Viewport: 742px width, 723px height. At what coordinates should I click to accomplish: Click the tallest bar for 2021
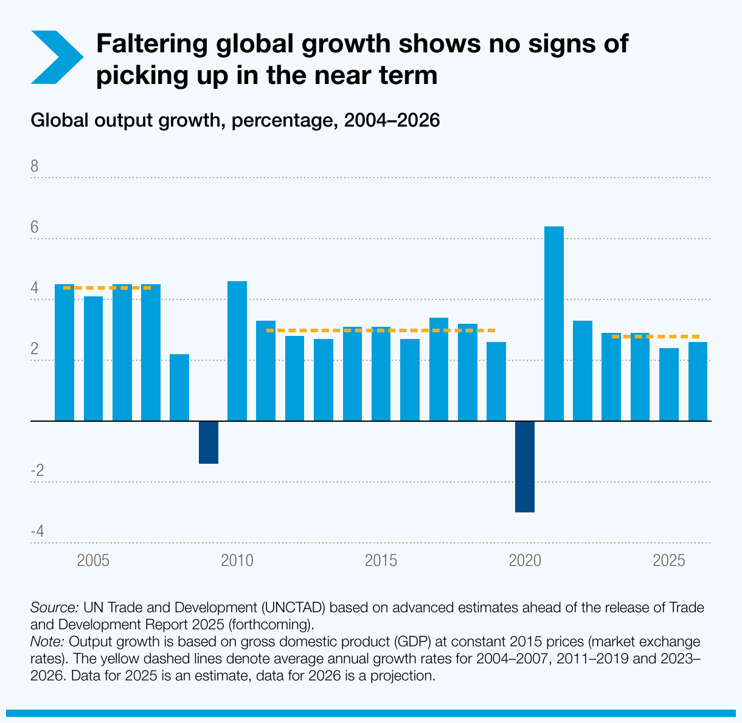553,323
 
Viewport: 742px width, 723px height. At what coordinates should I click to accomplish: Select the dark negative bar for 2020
525,466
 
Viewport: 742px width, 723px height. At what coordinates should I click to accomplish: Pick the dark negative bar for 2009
209,442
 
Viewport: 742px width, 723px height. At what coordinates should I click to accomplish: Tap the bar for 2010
237,351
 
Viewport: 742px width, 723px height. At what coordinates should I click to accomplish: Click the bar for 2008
179,387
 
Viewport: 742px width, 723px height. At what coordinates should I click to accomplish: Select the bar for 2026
698,381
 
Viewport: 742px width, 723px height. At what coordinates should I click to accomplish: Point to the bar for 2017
439,369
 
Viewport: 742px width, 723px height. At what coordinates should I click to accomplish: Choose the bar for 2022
583,370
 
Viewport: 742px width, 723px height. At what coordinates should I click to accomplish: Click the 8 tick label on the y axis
35,167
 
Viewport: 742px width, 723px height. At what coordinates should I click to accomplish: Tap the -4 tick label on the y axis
37,532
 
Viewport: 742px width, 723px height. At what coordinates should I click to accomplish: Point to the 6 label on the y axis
35,228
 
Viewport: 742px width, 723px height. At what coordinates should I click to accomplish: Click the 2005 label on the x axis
93,561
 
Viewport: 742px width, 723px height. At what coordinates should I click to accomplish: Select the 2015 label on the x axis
381,561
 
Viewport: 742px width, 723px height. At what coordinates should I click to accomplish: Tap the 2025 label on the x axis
669,561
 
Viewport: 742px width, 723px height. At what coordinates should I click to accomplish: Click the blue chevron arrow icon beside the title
56,57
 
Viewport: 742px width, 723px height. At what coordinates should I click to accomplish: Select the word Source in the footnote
54,607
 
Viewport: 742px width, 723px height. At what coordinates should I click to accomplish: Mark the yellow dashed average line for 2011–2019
381,330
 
